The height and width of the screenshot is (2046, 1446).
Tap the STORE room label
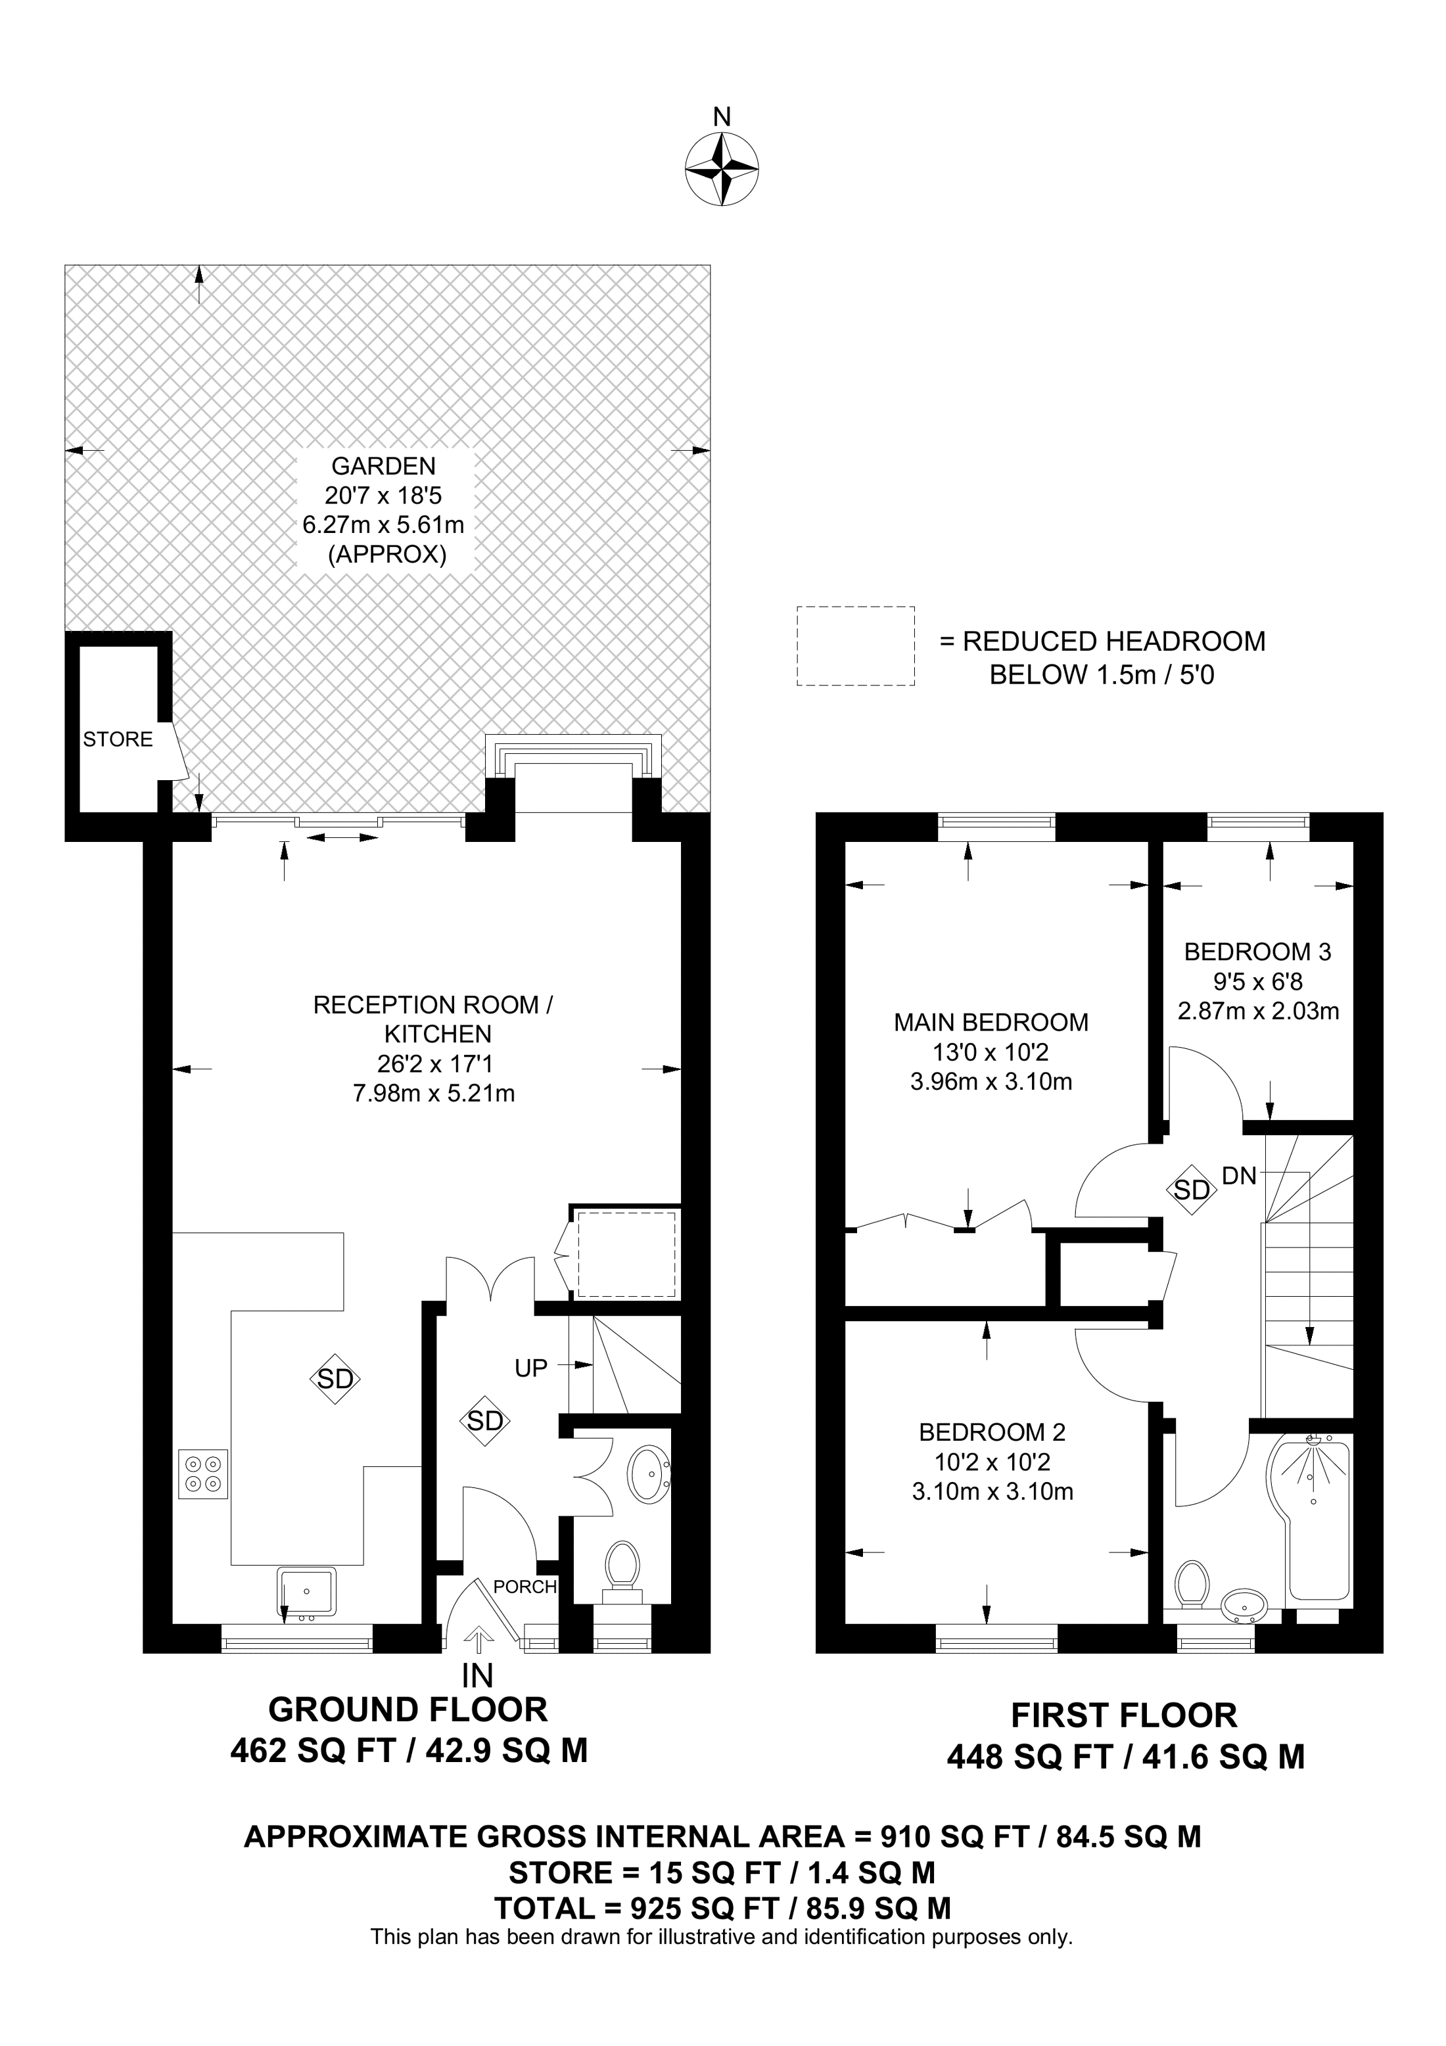click(118, 739)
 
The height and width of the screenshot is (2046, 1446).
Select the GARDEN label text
click(383, 466)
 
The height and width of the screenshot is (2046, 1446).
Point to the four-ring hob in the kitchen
click(203, 1474)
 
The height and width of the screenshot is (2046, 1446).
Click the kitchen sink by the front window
click(306, 1591)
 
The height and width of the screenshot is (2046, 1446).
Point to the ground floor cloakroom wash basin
click(649, 1475)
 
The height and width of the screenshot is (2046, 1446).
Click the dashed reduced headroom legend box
click(855, 646)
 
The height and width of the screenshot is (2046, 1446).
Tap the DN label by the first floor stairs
click(1238, 1176)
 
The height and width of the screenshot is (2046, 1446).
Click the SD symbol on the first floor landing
click(1191, 1190)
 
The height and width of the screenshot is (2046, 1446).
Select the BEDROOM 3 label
click(1257, 952)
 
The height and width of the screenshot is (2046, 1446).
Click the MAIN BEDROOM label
click(991, 1022)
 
